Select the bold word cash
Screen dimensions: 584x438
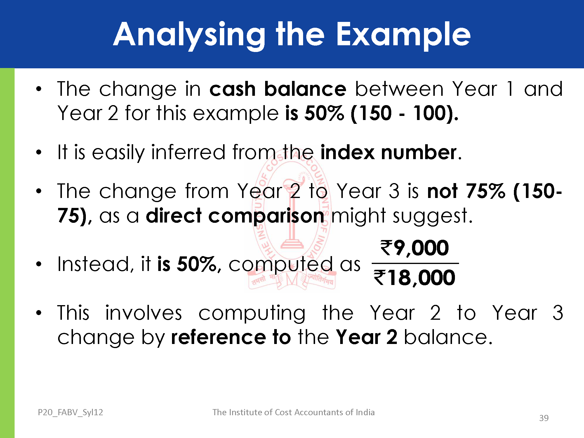click(232, 89)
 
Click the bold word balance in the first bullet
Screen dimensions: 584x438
click(305, 89)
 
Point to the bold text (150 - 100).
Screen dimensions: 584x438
click(404, 113)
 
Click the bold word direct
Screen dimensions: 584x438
click(174, 215)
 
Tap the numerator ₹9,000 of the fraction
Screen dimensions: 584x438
click(414, 248)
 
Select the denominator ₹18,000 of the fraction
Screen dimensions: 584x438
click(414, 277)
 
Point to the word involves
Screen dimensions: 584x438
click(143, 313)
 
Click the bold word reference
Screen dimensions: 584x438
click(218, 337)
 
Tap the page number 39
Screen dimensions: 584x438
click(544, 418)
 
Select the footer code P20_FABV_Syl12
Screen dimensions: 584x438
click(70, 412)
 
